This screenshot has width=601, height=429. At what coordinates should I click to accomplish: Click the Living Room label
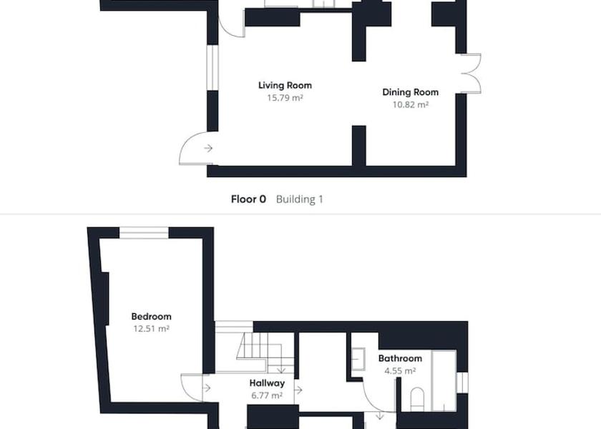point(285,85)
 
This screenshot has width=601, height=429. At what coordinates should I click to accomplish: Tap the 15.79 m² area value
point(285,98)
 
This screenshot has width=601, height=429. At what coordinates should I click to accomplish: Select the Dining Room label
point(411,92)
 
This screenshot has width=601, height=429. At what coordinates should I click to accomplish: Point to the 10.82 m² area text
point(411,104)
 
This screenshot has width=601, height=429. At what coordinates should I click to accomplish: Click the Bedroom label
point(152,316)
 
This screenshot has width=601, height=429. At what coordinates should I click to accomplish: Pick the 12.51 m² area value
point(152,329)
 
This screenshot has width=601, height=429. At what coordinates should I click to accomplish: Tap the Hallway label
point(267,383)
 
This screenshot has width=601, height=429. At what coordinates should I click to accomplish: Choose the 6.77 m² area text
point(267,395)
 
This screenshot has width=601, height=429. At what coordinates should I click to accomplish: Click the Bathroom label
point(400,358)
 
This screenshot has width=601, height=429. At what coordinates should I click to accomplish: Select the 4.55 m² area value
point(400,371)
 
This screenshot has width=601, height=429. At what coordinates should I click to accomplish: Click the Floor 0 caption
point(248,199)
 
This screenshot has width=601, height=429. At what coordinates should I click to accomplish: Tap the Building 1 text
point(299,199)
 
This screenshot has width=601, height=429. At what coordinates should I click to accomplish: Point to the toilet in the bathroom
point(417,399)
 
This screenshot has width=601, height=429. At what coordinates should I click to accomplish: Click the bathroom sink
point(358,359)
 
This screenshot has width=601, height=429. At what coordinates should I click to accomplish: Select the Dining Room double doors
point(471,74)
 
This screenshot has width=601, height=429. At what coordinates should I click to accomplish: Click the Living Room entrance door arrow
point(208,148)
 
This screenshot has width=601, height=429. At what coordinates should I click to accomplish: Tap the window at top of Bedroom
point(144,233)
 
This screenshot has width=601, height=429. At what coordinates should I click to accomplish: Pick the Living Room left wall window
point(212,68)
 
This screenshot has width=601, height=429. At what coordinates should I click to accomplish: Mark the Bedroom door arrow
point(206,388)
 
